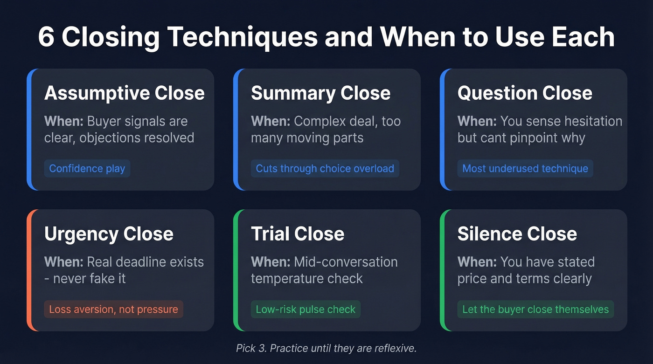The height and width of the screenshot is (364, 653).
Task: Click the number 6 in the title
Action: [x=46, y=38]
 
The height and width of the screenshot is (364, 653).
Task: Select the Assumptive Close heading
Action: [x=124, y=93]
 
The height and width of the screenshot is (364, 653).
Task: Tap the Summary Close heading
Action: [x=320, y=93]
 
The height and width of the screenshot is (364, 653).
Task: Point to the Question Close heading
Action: [x=525, y=93]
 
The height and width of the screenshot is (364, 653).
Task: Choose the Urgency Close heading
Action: [x=109, y=234]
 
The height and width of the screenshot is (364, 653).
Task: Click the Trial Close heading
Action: [x=298, y=234]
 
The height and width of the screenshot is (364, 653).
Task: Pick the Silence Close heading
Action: [x=517, y=234]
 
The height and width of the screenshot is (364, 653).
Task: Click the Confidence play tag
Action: [x=87, y=169]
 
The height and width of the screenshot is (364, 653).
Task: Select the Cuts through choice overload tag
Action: [x=325, y=169]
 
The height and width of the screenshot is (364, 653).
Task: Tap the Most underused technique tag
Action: [x=525, y=169]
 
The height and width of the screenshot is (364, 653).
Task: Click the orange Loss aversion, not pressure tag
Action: [x=113, y=309]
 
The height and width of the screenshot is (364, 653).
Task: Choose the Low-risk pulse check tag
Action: [x=306, y=309]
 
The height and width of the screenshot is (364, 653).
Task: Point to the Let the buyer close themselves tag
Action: [x=535, y=309]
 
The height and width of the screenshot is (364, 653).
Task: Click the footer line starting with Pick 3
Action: [x=326, y=348]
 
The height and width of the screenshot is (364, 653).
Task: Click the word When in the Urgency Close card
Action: [x=63, y=262]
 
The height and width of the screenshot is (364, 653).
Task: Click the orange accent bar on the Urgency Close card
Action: [x=29, y=270]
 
